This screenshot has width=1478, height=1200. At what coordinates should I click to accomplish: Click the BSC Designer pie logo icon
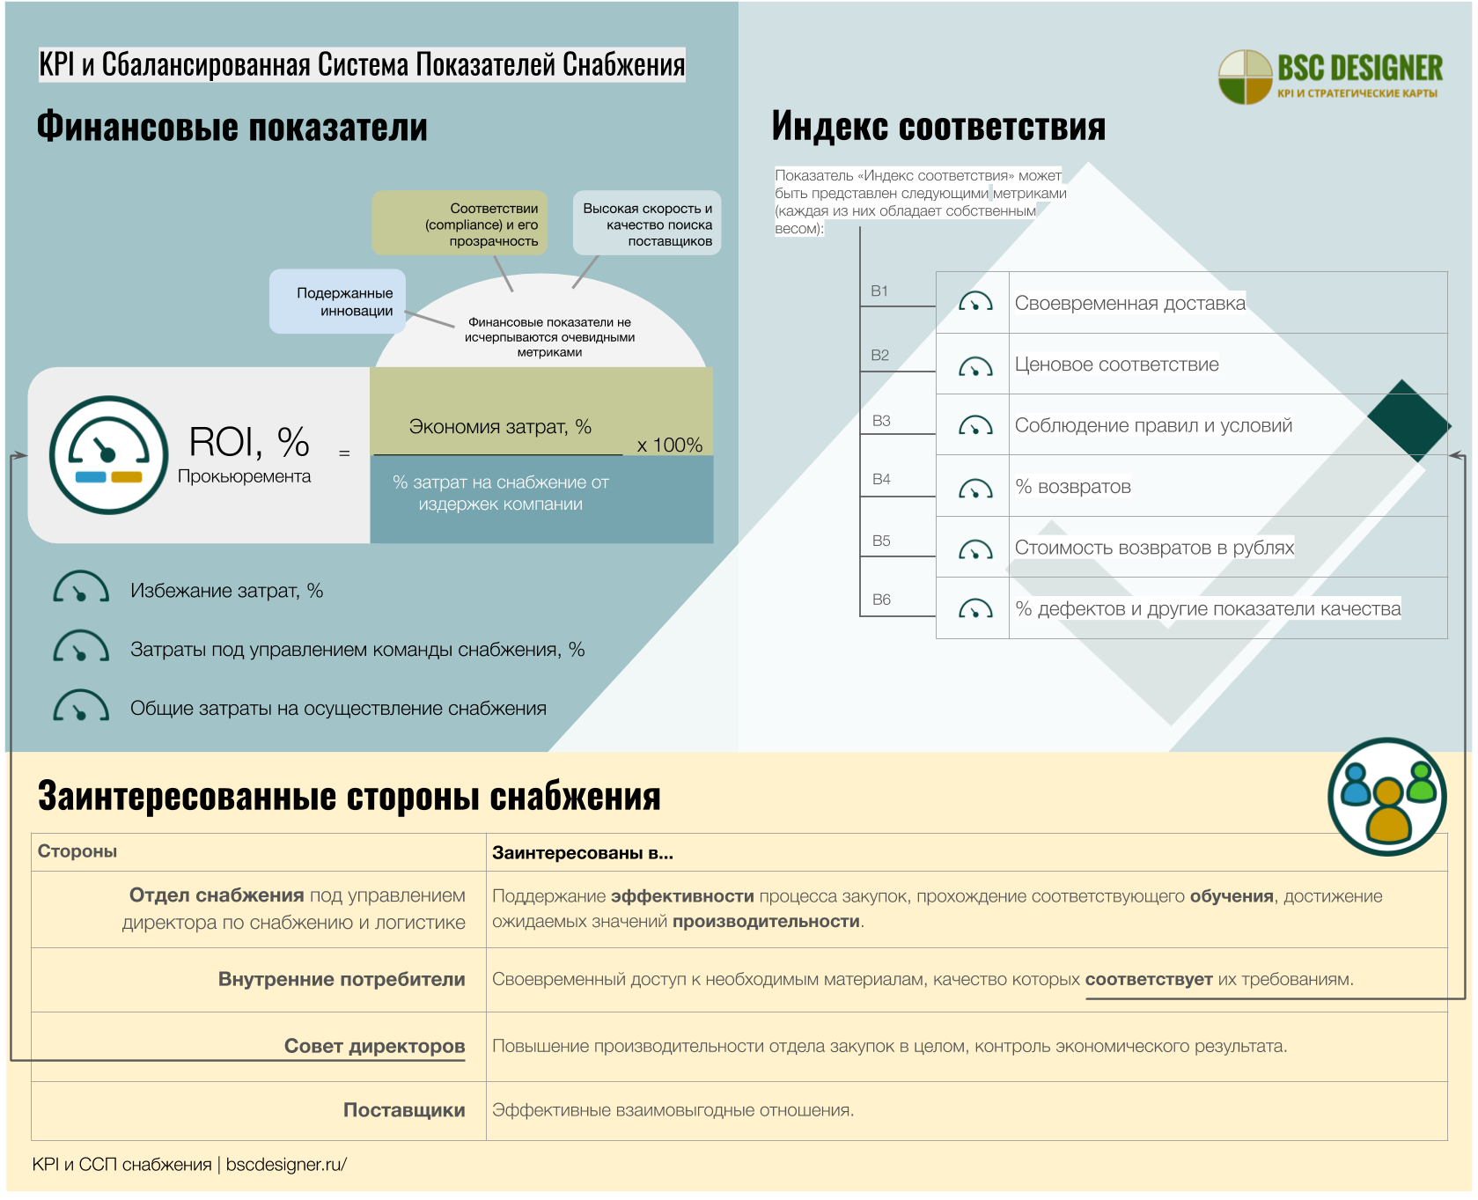(x=1245, y=77)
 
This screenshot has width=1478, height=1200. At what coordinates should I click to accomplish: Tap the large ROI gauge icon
(x=108, y=454)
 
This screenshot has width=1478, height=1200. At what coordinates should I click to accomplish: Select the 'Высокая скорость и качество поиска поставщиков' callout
(x=647, y=224)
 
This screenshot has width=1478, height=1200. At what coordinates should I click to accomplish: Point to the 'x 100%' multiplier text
(x=669, y=445)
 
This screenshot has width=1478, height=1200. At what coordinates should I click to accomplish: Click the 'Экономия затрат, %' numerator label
(x=499, y=427)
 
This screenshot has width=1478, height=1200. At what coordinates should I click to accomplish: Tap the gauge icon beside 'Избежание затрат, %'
(x=81, y=589)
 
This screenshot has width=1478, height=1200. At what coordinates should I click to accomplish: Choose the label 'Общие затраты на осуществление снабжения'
(x=338, y=709)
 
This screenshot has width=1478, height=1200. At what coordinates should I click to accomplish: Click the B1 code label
(x=879, y=291)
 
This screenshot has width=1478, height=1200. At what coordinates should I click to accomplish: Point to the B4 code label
(x=881, y=480)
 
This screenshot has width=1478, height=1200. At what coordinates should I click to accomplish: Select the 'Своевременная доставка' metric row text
(x=1129, y=304)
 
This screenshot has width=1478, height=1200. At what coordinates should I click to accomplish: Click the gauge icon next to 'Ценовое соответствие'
(x=975, y=366)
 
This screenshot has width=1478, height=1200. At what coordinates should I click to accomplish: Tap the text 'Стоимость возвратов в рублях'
(x=1153, y=548)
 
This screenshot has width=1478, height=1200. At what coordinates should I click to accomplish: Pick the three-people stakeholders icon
(x=1386, y=797)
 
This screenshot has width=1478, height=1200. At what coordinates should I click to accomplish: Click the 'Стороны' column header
(x=77, y=851)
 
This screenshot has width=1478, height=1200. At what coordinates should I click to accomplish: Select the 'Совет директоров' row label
(x=374, y=1046)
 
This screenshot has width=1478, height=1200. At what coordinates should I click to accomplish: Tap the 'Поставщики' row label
(x=404, y=1110)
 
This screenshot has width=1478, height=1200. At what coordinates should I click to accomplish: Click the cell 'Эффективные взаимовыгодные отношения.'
(x=673, y=1110)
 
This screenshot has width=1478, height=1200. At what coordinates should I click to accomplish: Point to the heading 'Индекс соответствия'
(x=938, y=127)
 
